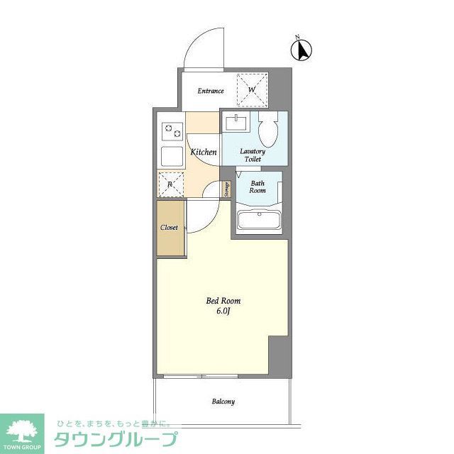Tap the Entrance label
(x=211, y=91)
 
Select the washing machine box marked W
(x=251, y=90)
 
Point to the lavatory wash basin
(x=237, y=123)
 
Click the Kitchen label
(x=203, y=153)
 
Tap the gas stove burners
(x=172, y=131)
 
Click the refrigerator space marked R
(x=170, y=185)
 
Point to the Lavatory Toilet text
(x=253, y=155)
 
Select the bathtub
(x=259, y=219)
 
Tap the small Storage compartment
(x=226, y=189)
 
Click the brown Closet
(x=170, y=228)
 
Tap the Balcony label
(x=223, y=402)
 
